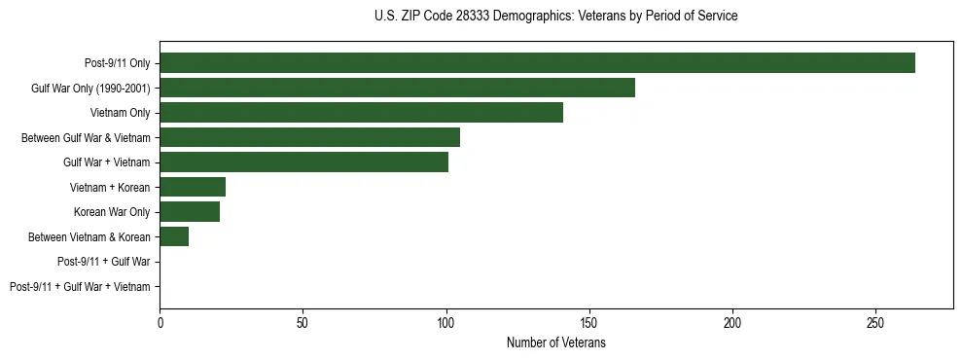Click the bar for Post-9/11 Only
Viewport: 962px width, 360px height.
[537, 63]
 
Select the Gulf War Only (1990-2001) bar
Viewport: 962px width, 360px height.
[397, 88]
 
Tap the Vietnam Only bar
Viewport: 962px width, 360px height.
[361, 113]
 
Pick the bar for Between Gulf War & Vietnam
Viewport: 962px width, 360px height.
[309, 137]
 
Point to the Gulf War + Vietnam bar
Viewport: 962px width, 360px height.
[303, 162]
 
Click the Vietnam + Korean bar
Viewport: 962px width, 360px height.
[193, 187]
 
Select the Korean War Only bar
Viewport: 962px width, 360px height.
[190, 212]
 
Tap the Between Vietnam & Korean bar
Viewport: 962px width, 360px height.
[174, 236]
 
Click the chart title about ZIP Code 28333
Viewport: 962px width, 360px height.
[555, 17]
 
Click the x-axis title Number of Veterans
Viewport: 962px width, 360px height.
[555, 343]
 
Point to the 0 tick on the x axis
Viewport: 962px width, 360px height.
[160, 322]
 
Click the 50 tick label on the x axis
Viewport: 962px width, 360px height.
[303, 322]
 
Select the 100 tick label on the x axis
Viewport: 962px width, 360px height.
[445, 322]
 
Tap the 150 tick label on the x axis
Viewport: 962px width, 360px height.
[589, 322]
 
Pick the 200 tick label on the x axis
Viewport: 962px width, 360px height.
[732, 322]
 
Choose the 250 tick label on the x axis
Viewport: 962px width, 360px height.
[875, 322]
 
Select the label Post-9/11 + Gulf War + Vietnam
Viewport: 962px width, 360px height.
[80, 287]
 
